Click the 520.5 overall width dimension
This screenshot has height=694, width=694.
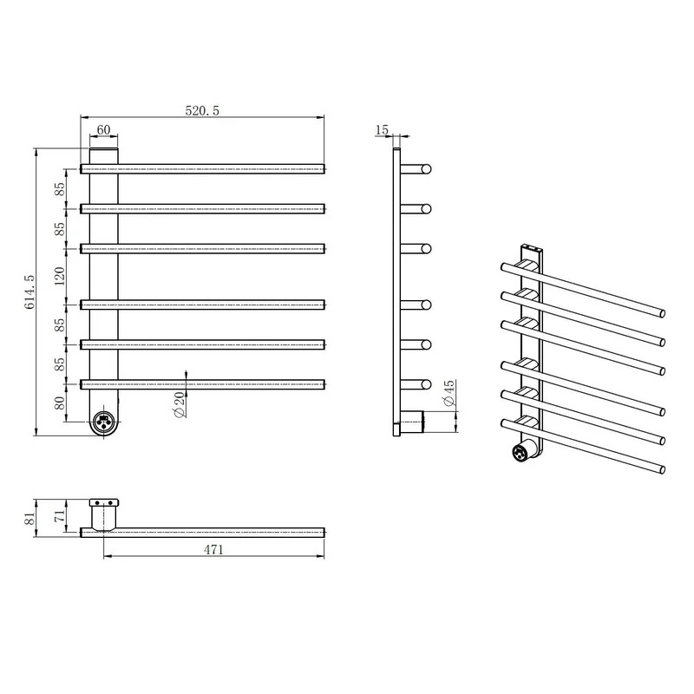202,111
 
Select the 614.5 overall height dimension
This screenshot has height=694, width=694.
29,291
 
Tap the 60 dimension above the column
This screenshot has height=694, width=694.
103,129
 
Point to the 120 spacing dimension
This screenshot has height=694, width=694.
60,276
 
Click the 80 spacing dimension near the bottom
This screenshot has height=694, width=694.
60,403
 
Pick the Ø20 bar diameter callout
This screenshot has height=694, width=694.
180,404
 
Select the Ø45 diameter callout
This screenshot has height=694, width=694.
448,393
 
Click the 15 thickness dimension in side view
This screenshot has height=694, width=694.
382,129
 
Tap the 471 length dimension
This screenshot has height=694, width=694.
213,550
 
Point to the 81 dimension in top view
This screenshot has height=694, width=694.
29,518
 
